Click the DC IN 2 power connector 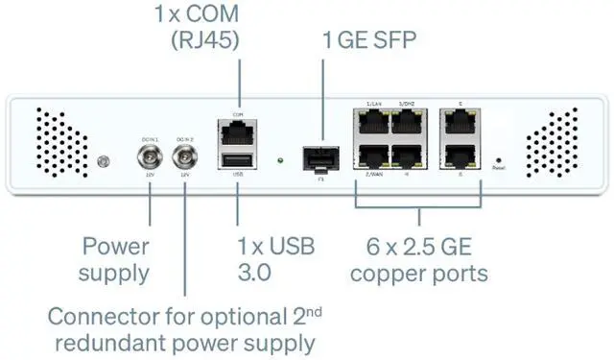tap(183, 157)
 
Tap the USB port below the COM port tap(236, 160)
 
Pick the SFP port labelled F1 tap(316, 157)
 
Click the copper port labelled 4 tap(408, 157)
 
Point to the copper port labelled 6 tap(461, 157)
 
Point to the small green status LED tap(278, 160)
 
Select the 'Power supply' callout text tap(115, 259)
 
